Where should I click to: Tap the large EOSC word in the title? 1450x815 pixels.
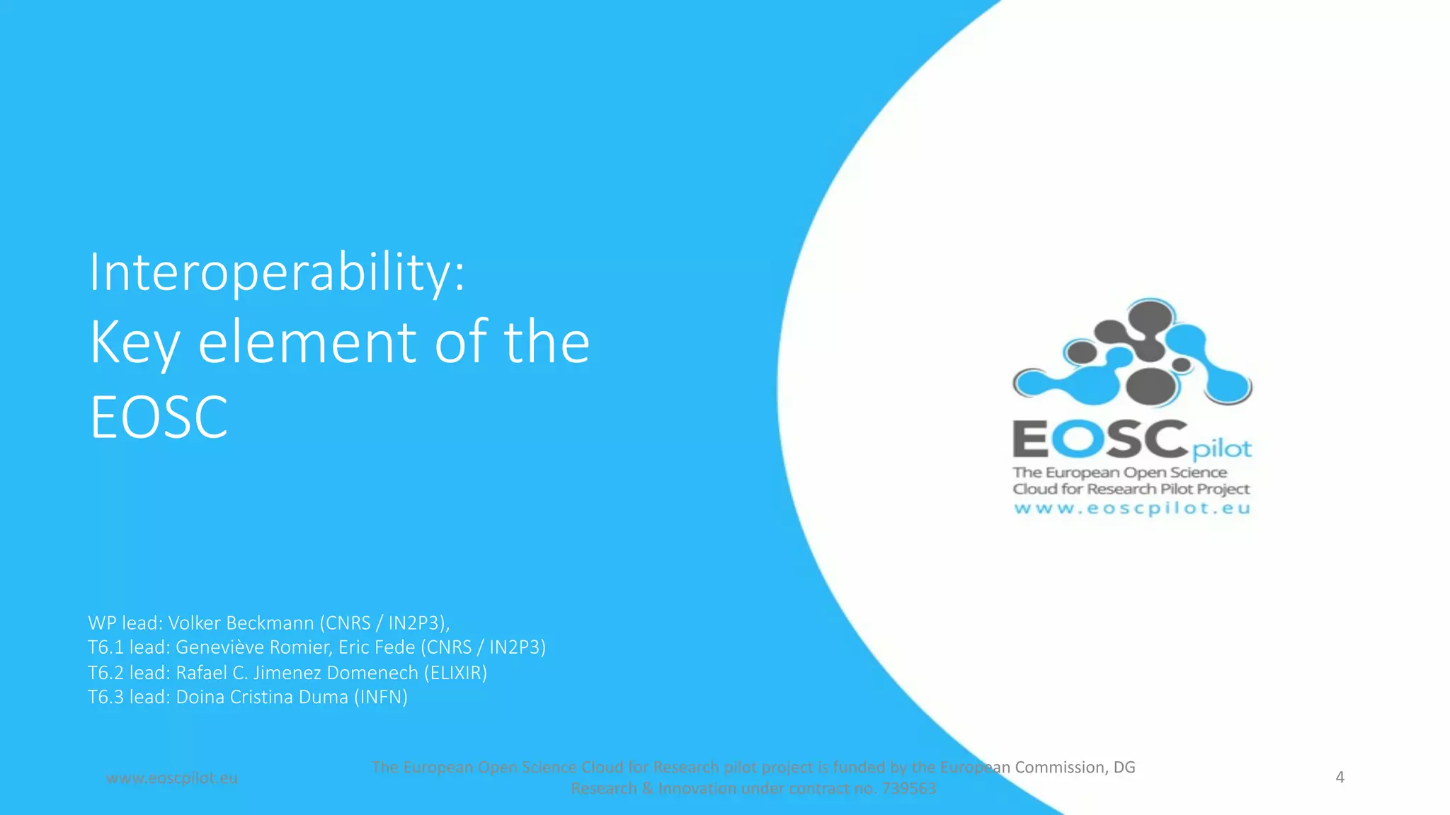coord(159,417)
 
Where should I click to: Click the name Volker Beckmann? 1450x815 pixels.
coord(241,623)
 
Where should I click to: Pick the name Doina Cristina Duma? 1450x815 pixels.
coord(262,697)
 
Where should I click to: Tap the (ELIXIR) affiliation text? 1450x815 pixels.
coord(455,672)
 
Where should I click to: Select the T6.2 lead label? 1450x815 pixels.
coord(129,672)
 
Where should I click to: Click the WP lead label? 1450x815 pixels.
coord(125,623)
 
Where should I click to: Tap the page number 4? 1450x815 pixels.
coord(1340,778)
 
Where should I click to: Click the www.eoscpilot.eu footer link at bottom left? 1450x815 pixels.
coord(172,778)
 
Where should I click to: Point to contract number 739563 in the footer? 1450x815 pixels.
coord(908,788)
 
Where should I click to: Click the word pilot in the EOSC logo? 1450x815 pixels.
coord(1221,449)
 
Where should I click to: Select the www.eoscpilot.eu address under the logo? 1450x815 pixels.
coord(1132,509)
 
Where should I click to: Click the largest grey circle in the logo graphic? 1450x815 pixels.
coord(1152,386)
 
